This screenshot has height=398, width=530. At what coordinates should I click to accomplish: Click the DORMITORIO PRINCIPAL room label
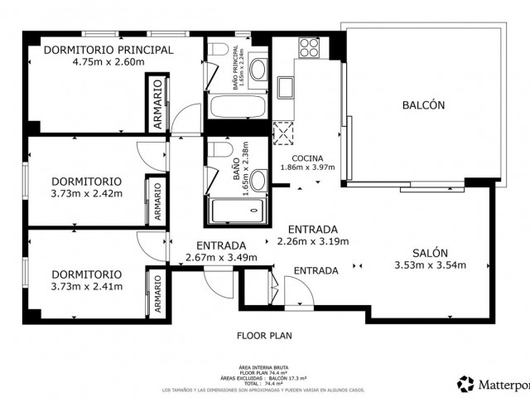(108, 49)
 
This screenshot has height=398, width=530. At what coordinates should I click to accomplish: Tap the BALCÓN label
(423, 105)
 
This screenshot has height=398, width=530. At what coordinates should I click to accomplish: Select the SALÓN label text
(430, 253)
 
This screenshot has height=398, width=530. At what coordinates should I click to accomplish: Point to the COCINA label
(306, 158)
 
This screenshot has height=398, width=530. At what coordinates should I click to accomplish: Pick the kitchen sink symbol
(286, 86)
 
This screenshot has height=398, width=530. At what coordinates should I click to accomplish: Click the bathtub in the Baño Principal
(237, 106)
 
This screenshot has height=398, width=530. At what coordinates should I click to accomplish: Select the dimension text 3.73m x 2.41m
(86, 287)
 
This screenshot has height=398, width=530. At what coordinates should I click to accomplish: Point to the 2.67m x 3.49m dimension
(221, 257)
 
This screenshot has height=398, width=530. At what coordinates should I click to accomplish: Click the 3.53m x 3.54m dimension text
(430, 266)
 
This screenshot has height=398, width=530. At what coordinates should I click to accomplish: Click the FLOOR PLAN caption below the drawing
(265, 336)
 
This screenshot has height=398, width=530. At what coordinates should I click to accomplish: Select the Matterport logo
(493, 383)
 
